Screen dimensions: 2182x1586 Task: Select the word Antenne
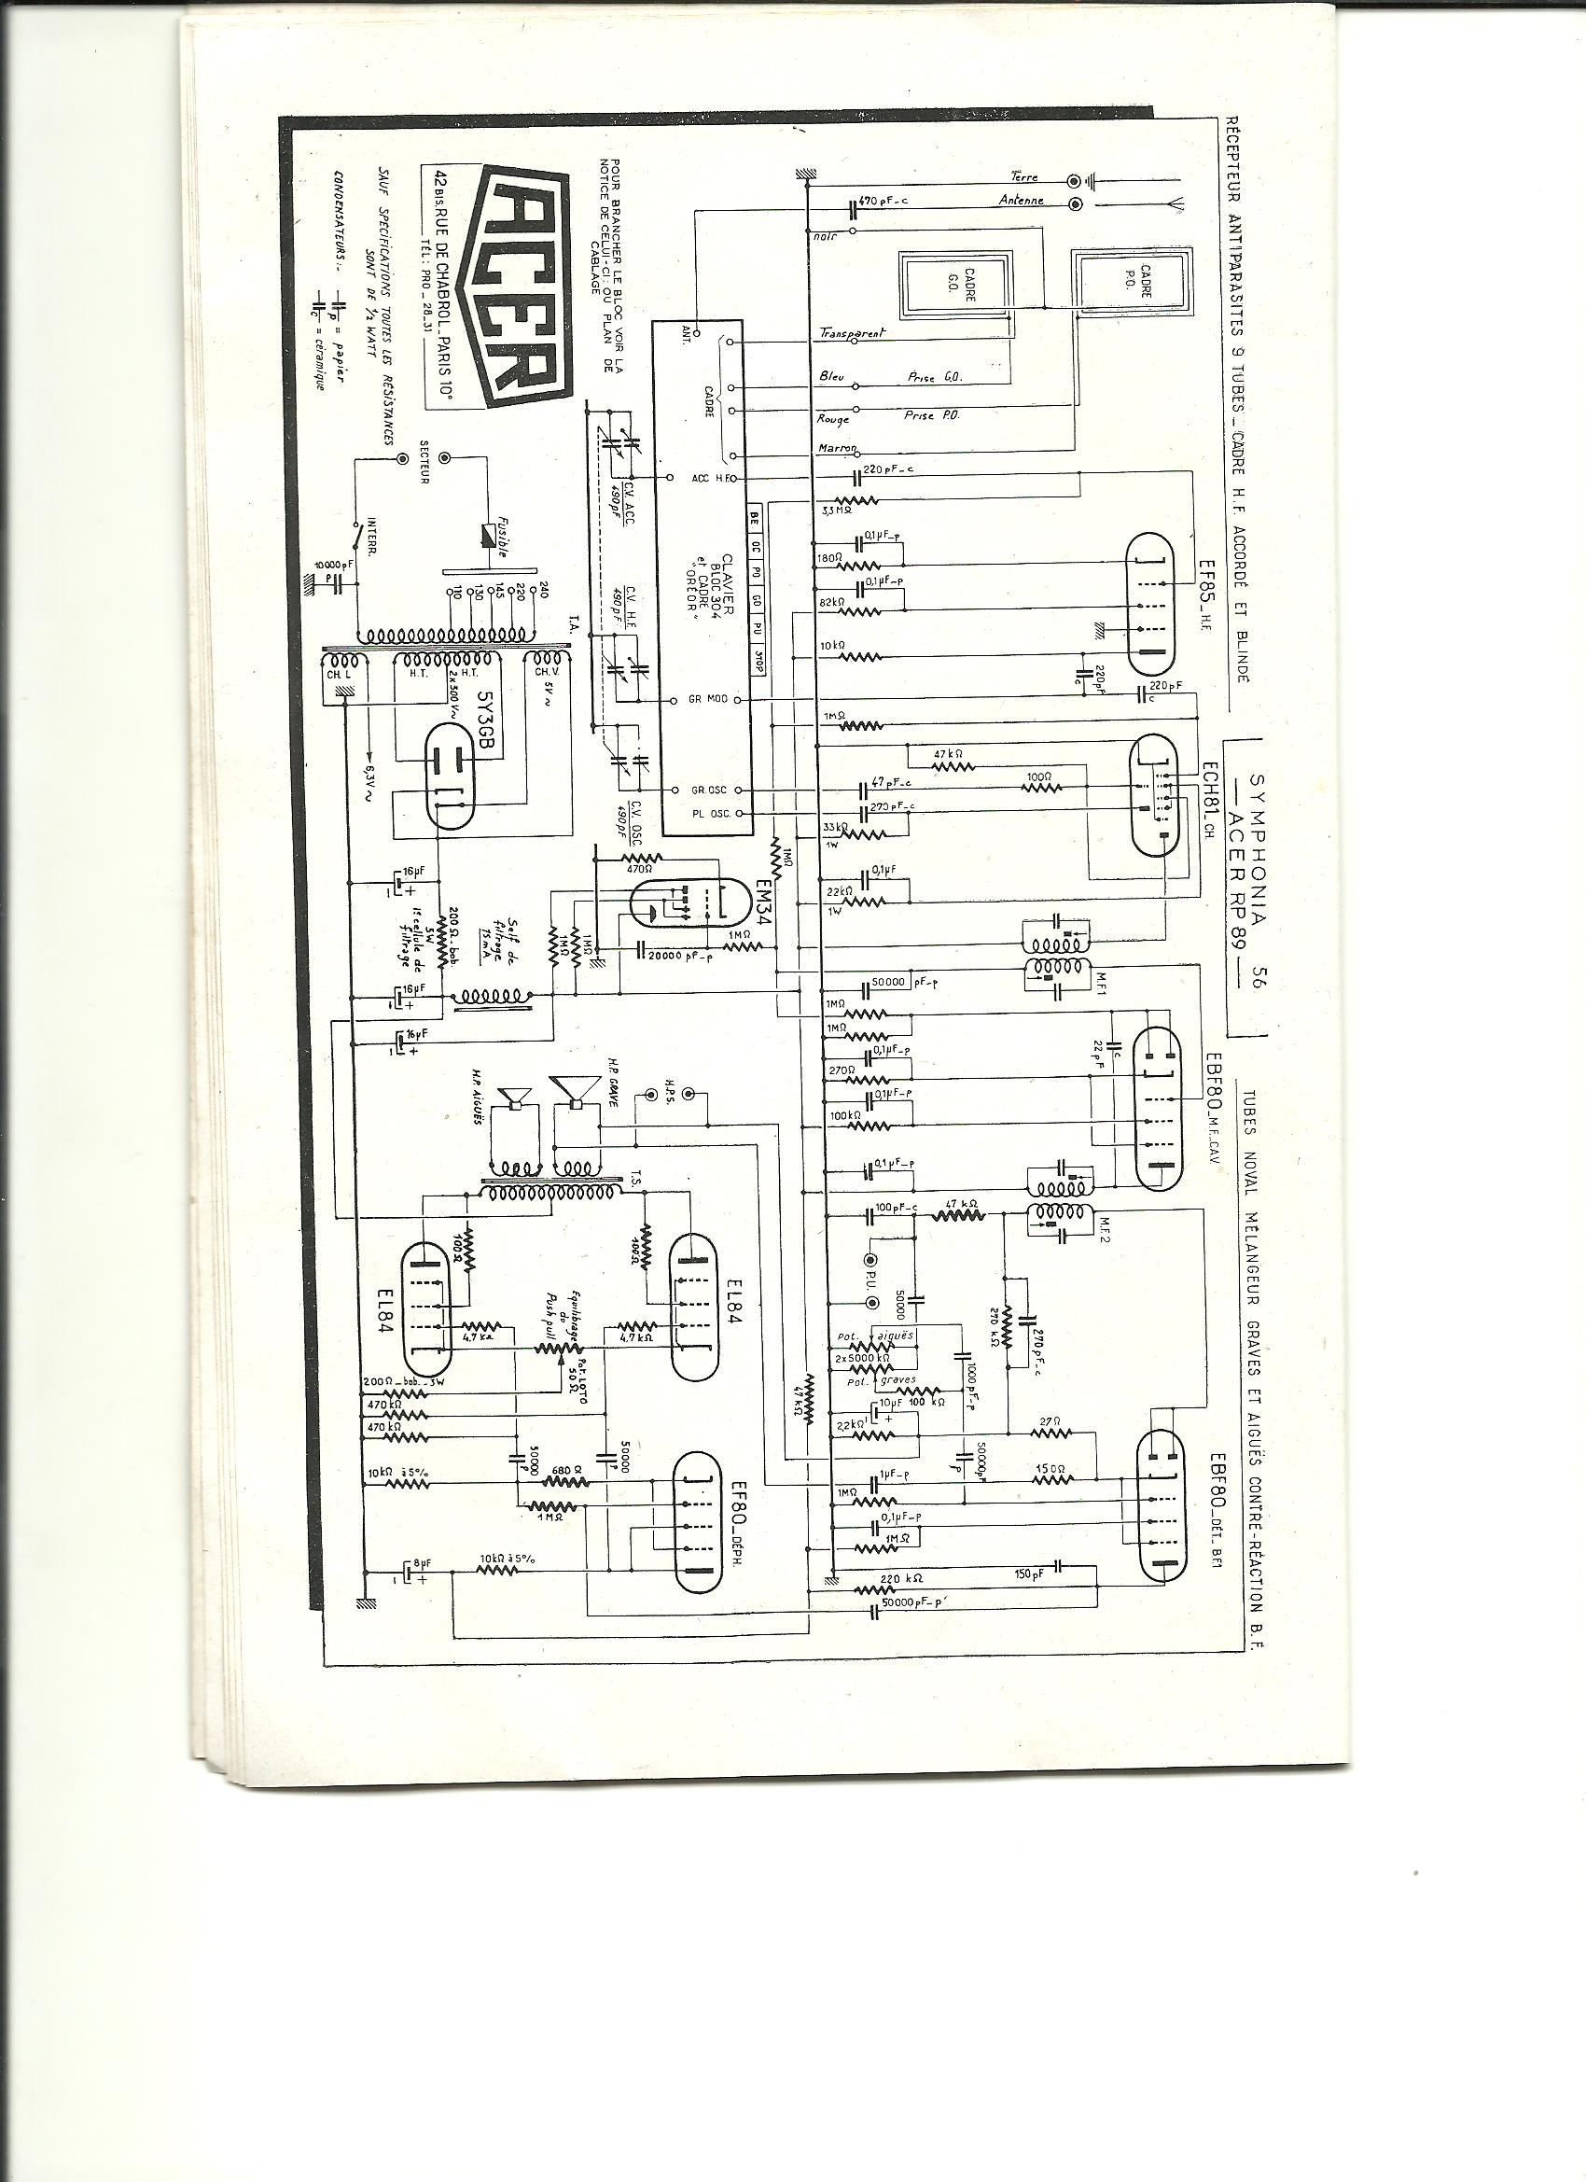1022,202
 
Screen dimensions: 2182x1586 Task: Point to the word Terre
1024,178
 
